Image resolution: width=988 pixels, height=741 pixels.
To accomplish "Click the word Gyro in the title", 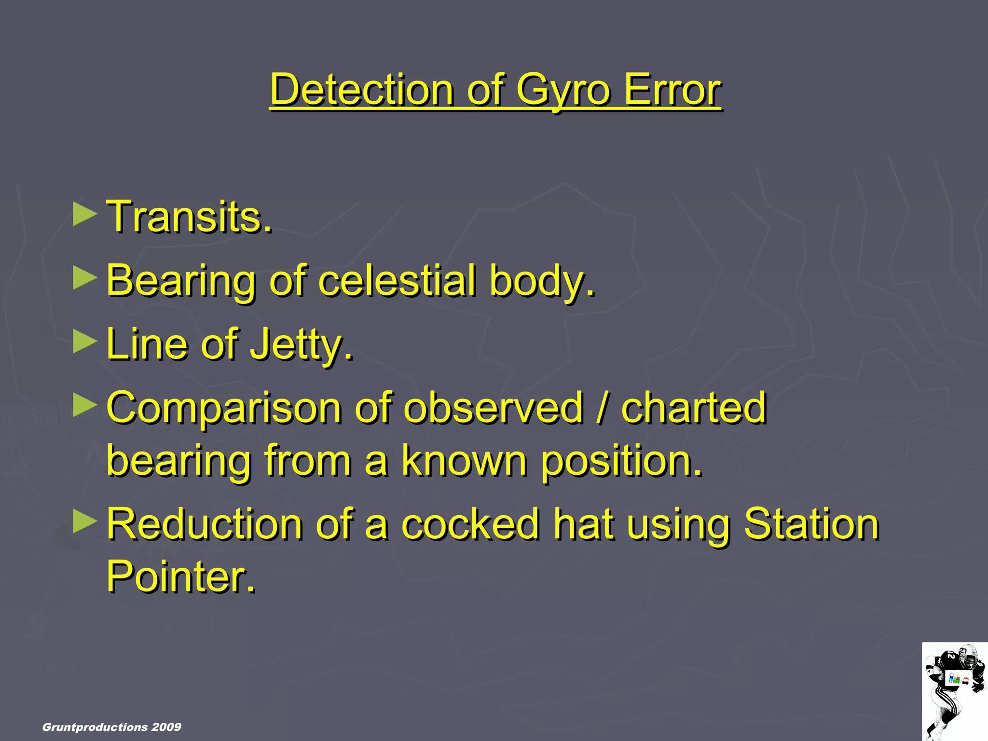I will pos(563,90).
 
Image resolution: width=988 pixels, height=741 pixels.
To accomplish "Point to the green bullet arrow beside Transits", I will pos(84,215).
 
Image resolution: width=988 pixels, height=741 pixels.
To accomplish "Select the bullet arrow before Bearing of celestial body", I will pos(84,278).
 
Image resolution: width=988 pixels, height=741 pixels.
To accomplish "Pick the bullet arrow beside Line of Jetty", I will pos(84,343).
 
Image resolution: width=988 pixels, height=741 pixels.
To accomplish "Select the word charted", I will pos(693,408).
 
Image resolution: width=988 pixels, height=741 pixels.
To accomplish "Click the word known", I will pos(464,461).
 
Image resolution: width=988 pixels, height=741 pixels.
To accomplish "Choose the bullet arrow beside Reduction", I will pos(84,522).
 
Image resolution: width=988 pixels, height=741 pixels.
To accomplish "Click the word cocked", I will pos(470,524).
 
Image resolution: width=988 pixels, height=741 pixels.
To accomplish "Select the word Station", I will pos(811,524).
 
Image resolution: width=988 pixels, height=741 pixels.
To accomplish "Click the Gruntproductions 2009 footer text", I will pos(111,727).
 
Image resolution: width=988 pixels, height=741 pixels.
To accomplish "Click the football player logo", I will pos(954,691).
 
